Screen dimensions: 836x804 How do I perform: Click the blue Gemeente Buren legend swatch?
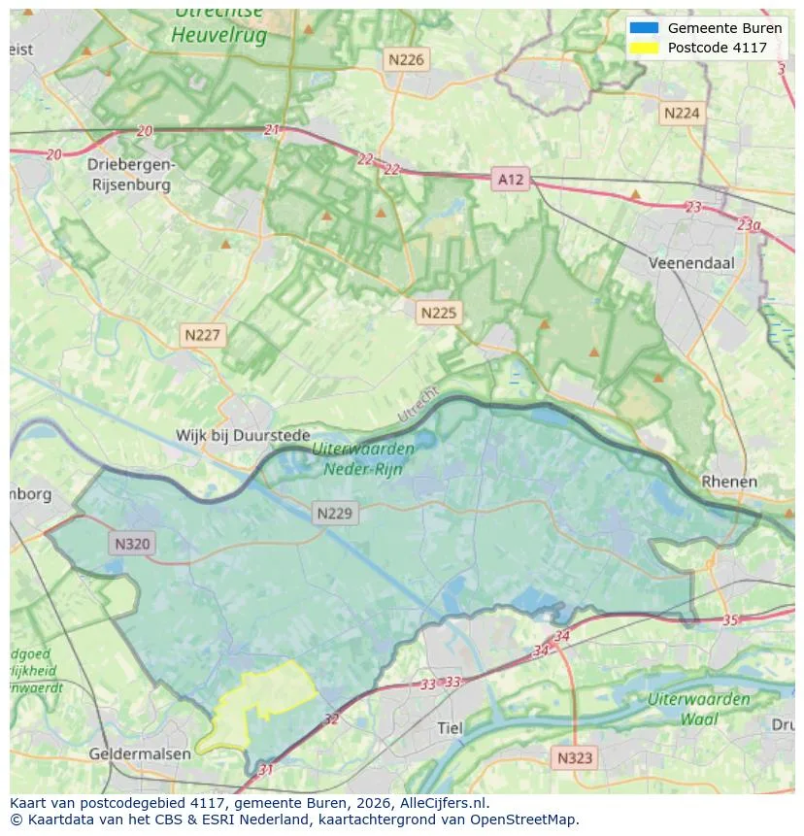[x=643, y=28]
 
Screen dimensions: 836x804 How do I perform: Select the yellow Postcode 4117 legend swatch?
[x=643, y=48]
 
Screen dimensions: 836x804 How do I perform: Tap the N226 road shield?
[x=406, y=60]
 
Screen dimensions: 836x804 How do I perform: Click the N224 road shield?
[x=681, y=114]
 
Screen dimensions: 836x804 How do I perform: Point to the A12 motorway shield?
[x=510, y=179]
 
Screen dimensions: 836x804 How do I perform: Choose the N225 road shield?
[x=438, y=313]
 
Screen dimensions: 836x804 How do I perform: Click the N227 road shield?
[x=203, y=336]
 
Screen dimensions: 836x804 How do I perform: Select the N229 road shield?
[x=335, y=514]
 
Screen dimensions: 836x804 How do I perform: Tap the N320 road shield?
[x=132, y=544]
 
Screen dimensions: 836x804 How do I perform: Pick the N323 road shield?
[x=576, y=757]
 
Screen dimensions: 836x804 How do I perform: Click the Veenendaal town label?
[x=691, y=263]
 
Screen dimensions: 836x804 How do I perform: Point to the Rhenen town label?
[x=728, y=482]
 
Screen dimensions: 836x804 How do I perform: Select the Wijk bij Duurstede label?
[x=243, y=436]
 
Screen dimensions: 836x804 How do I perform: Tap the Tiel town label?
[x=451, y=728]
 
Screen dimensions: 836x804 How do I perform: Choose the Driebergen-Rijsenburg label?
[x=130, y=174]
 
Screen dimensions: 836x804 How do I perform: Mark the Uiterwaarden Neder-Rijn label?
[x=363, y=458]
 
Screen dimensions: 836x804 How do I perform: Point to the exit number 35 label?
[x=731, y=619]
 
